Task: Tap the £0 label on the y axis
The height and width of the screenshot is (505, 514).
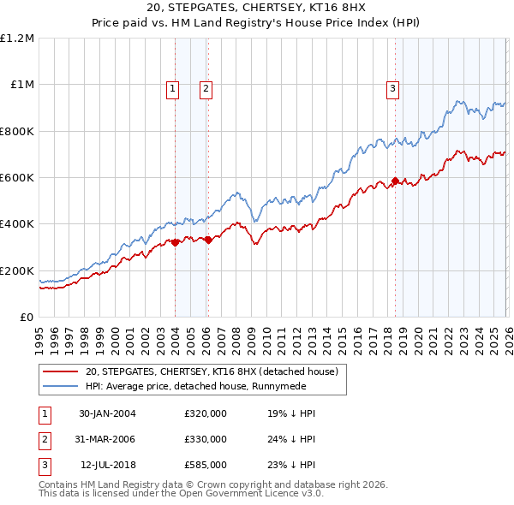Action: click(x=27, y=317)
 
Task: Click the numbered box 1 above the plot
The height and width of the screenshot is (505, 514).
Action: click(x=173, y=87)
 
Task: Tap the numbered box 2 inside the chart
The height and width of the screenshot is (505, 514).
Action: click(x=207, y=87)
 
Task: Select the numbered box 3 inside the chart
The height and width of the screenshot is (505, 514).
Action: click(x=393, y=87)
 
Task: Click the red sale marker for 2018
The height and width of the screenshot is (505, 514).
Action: click(x=395, y=181)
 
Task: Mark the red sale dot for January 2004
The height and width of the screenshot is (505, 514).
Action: click(x=175, y=242)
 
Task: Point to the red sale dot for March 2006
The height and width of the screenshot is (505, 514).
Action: click(x=208, y=241)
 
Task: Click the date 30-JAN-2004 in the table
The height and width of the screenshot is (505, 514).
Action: click(x=107, y=413)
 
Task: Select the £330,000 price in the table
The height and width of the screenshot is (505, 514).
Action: click(x=206, y=439)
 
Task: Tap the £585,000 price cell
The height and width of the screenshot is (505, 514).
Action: click(x=206, y=465)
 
